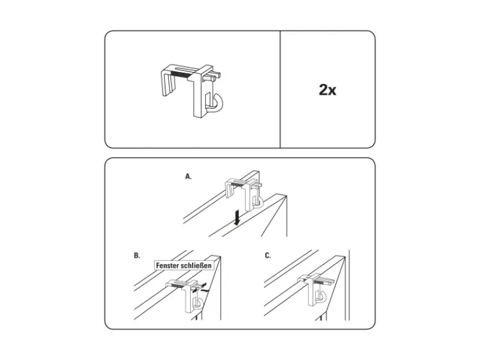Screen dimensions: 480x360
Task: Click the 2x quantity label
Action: pos(327,89)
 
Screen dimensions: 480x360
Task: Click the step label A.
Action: pos(188,176)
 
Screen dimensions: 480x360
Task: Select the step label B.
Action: pos(137,256)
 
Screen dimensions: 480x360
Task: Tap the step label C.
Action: pos(268,256)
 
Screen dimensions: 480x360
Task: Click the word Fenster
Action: pos(167,265)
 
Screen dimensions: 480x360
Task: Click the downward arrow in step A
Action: pos(236,218)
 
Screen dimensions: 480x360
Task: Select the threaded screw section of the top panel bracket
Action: pos(181,74)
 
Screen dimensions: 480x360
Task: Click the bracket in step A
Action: pos(244,191)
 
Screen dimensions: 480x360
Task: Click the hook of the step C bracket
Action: pos(323,297)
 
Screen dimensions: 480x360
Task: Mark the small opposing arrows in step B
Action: pos(200,288)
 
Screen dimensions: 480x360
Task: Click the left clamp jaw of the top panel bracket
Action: pos(169,85)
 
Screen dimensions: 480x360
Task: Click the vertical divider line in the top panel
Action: pos(280,89)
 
